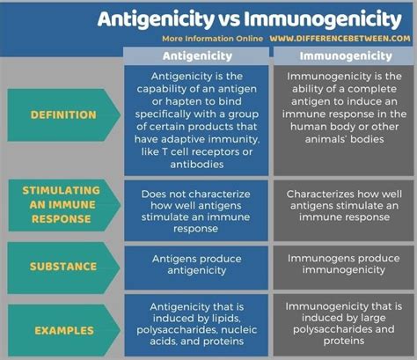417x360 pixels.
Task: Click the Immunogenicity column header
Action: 342,55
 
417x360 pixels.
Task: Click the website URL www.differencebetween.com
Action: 338,38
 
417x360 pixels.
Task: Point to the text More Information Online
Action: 212,38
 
